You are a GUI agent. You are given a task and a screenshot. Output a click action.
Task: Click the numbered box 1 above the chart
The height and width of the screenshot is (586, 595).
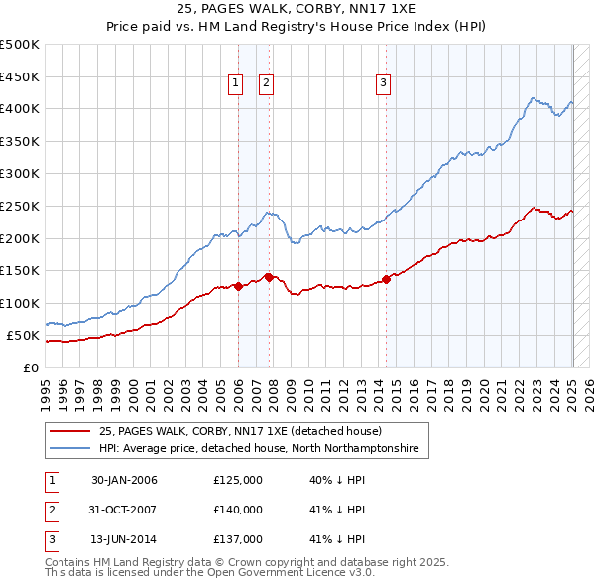pos(236,84)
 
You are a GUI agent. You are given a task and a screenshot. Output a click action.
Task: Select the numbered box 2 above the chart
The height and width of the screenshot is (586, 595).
pos(267,84)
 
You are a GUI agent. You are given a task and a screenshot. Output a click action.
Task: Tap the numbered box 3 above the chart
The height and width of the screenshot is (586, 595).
pos(383,84)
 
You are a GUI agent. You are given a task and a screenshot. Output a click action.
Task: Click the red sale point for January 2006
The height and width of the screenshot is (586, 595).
pos(238,286)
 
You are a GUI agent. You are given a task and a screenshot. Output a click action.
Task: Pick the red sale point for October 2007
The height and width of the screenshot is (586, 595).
pos(269,277)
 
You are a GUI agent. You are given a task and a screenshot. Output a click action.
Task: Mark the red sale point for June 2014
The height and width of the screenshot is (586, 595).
pos(386,279)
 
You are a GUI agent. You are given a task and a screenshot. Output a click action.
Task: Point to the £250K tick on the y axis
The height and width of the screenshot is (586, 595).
pos(21,206)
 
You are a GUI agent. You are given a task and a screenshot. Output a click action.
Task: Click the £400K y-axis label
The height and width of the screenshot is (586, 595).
pos(21,109)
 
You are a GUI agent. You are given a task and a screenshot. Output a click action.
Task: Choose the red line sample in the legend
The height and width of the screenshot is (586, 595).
pos(70,432)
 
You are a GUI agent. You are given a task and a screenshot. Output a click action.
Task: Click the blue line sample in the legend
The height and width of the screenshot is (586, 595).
pos(70,449)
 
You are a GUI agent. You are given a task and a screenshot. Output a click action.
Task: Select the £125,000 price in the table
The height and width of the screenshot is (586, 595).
pos(238,480)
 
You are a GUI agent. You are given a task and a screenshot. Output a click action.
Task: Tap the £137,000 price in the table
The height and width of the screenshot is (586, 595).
pos(238,539)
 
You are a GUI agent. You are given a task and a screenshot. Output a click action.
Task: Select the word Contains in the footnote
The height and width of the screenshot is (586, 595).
pos(70,562)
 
